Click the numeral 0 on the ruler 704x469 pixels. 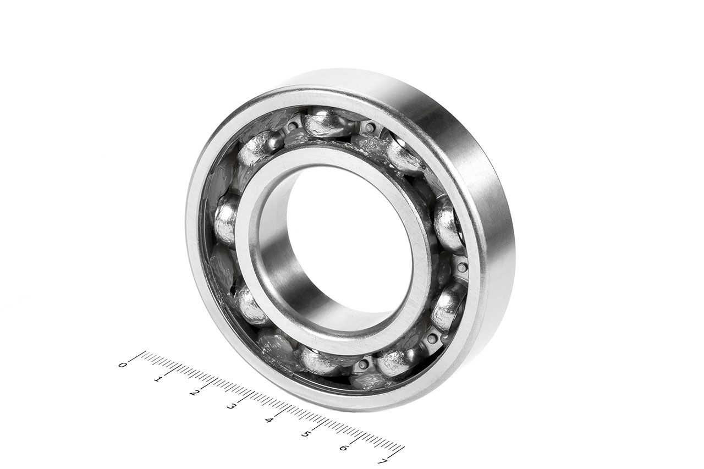[123, 365]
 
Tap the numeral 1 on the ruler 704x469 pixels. [158, 379]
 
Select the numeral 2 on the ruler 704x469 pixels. [194, 393]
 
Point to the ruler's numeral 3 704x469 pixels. [231, 406]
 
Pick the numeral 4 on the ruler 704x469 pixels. [268, 420]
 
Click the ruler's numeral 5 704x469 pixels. [305, 434]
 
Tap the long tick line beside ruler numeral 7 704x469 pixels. [397, 453]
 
